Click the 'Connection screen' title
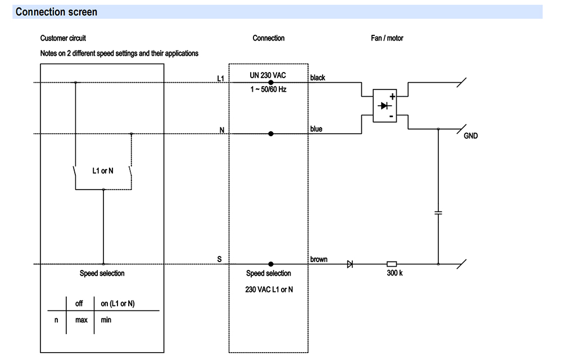(x=56, y=12)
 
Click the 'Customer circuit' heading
(x=63, y=38)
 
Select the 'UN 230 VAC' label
(x=268, y=75)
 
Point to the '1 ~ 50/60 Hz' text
(x=268, y=89)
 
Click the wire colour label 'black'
(x=318, y=78)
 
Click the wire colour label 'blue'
(x=316, y=129)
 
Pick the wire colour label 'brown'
(x=319, y=259)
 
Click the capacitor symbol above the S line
(x=438, y=213)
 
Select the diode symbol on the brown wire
(x=350, y=263)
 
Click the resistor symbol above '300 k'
(x=392, y=263)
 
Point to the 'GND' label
(x=470, y=136)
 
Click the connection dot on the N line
(x=271, y=134)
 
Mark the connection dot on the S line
(x=271, y=263)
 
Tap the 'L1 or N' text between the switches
(x=103, y=170)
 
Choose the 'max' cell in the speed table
(x=80, y=321)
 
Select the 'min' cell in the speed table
(x=106, y=321)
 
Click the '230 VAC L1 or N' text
(x=269, y=289)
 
